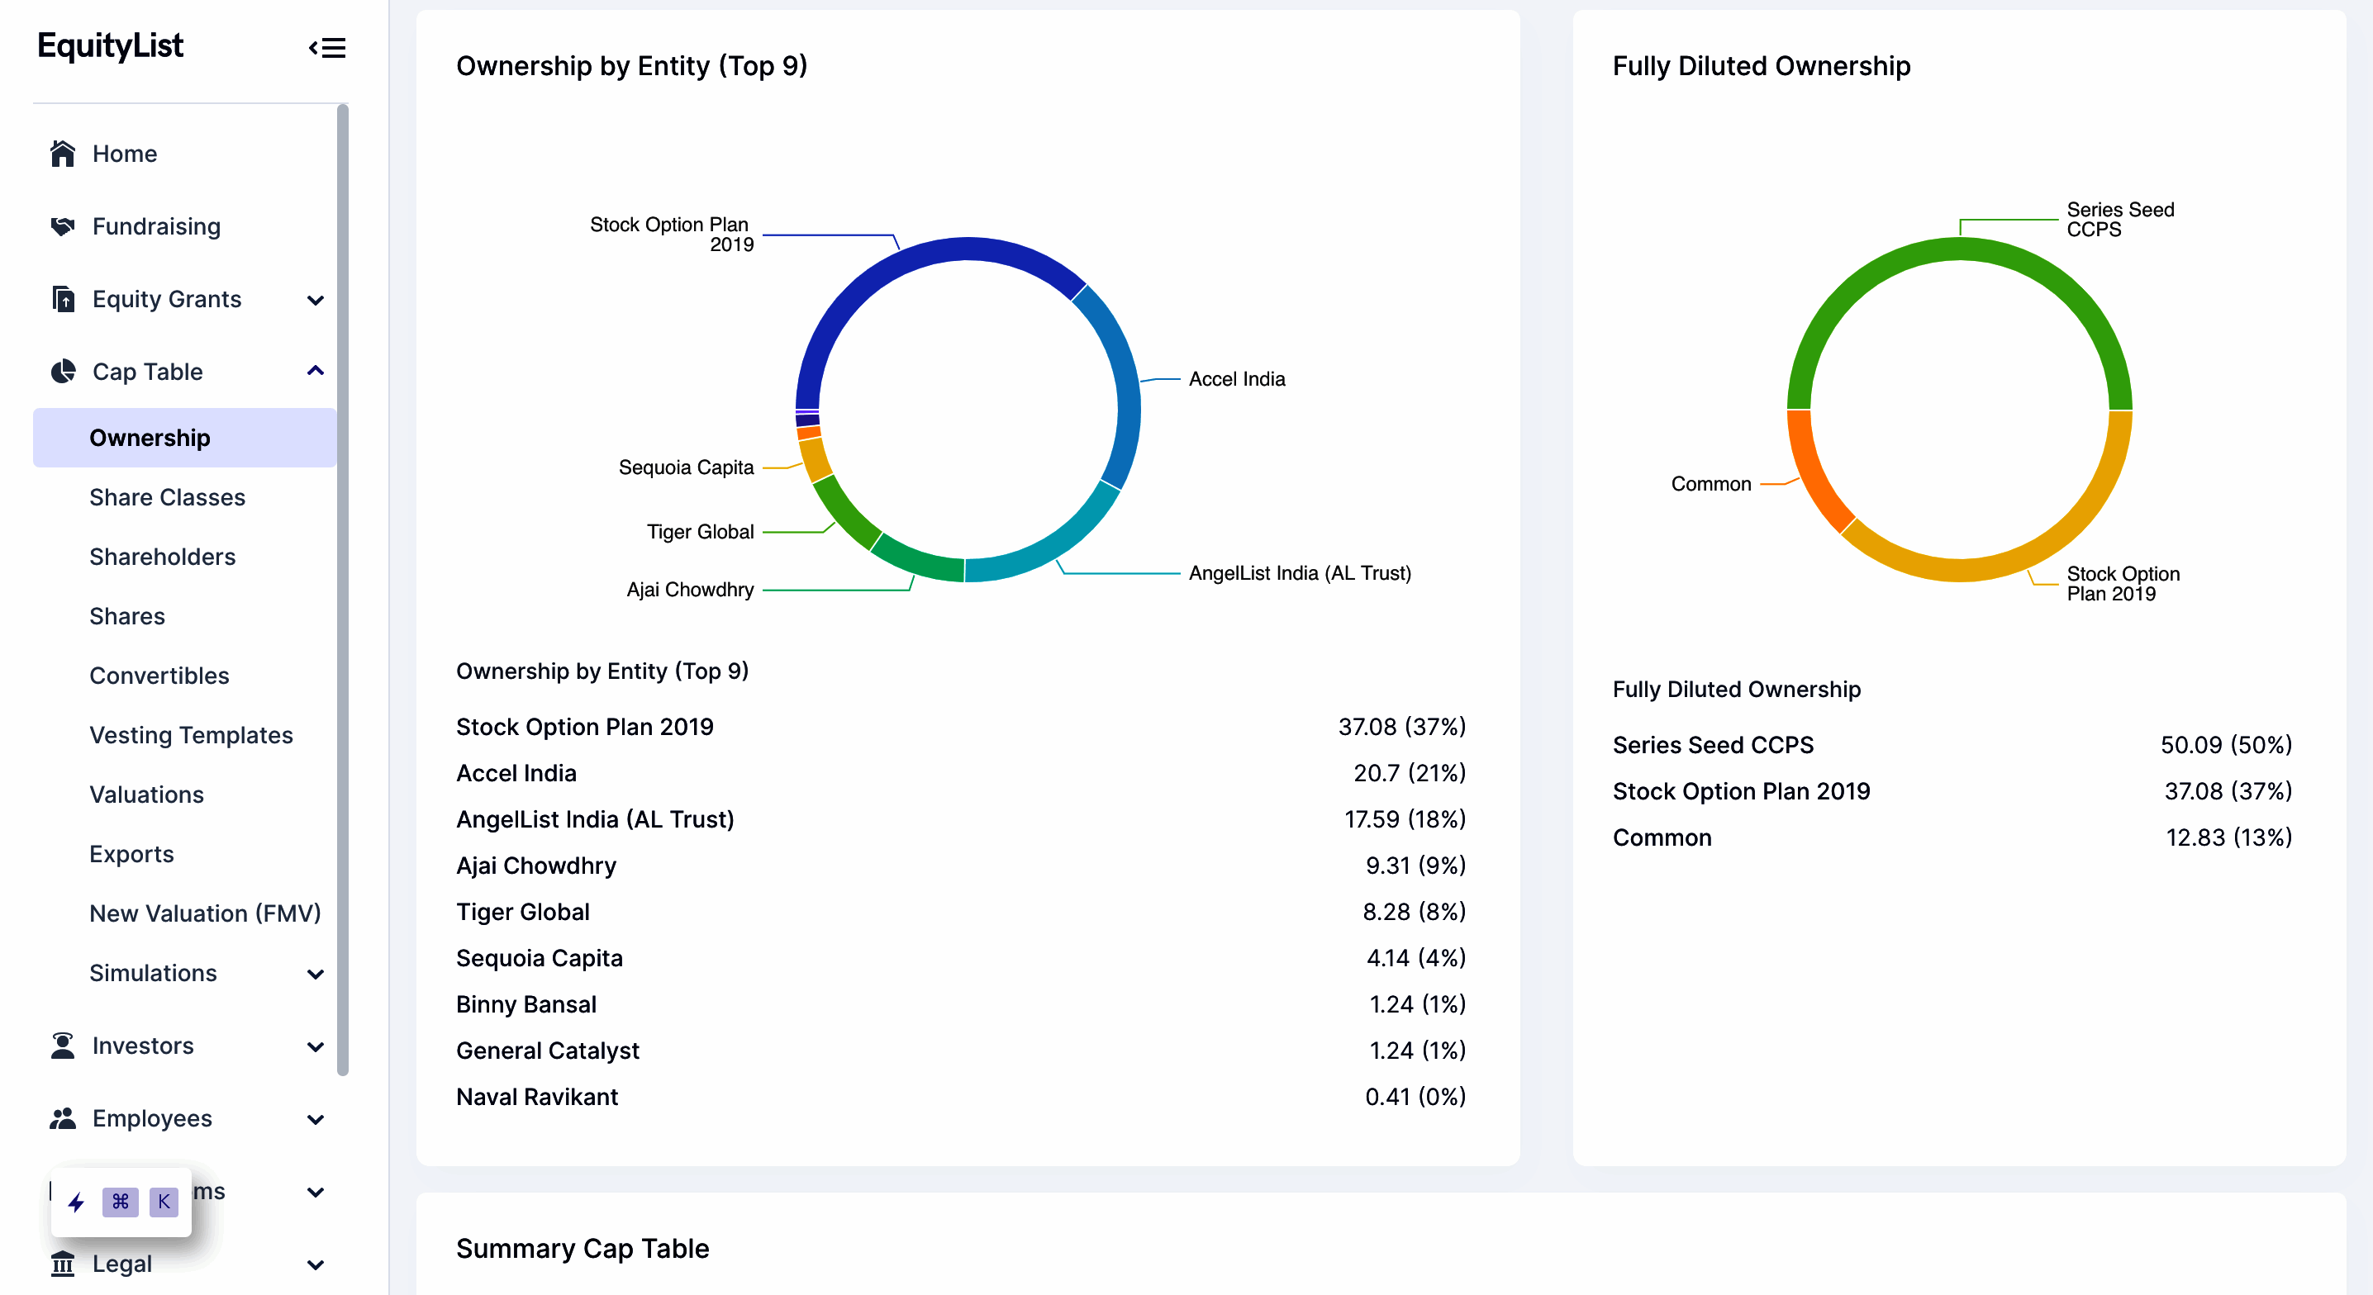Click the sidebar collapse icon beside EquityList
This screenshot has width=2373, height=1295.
327,47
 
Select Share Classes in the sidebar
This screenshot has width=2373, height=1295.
167,497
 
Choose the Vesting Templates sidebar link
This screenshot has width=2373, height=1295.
191,735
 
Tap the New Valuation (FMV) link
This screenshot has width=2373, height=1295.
205,913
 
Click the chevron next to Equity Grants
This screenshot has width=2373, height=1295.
315,301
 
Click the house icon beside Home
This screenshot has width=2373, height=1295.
63,154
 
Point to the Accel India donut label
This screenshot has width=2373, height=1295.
1236,378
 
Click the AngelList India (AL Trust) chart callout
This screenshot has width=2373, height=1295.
1299,573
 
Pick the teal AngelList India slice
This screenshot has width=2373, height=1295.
1050,543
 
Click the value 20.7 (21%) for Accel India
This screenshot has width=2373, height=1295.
1409,773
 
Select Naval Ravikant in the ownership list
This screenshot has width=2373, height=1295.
537,1096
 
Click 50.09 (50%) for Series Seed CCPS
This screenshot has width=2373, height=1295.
2226,744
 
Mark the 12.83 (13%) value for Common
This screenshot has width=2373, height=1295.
2228,837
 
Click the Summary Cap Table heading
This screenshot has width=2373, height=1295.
583,1248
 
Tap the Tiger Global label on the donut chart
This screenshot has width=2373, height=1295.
699,531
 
